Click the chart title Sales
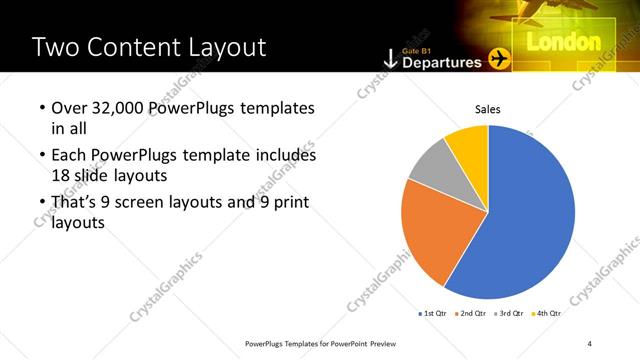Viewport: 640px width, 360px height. (487, 109)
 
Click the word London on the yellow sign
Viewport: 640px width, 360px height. (562, 42)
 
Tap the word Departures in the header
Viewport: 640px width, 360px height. (441, 62)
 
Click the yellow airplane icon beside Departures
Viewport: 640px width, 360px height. (498, 60)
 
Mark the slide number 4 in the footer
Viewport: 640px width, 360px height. (590, 343)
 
